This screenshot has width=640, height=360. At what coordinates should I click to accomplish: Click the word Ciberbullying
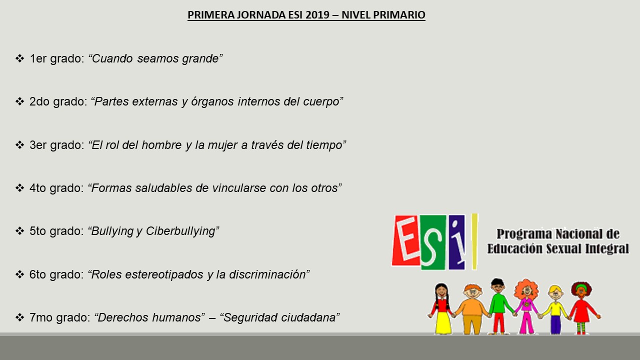pos(180,231)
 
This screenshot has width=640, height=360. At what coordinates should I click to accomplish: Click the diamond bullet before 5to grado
pos(19,231)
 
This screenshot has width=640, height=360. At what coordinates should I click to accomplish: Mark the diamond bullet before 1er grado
pos(19,58)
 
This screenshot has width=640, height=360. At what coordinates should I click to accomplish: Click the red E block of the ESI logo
pos(406,240)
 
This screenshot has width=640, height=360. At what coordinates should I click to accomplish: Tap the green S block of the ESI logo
pos(433,242)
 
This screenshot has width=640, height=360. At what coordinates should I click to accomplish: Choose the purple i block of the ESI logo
pos(457,242)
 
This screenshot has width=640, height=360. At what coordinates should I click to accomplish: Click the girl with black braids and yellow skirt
pos(441,308)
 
